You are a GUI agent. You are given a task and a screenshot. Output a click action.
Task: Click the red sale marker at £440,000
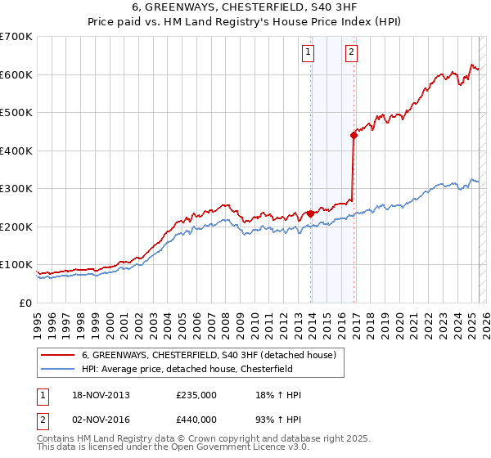point(354,136)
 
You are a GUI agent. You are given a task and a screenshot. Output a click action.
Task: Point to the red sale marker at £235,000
point(311,213)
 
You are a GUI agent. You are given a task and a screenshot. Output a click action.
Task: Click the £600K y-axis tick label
point(16,74)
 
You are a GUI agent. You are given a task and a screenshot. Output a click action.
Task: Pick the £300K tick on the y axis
point(16,189)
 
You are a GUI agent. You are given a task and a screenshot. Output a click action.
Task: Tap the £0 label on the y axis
point(25,303)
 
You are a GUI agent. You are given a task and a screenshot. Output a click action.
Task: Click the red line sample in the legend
point(58,355)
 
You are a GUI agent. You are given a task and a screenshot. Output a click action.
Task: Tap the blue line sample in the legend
point(58,368)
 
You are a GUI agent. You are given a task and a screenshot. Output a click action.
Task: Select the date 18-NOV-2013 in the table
point(101,395)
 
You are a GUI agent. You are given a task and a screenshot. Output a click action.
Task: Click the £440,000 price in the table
point(196,423)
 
